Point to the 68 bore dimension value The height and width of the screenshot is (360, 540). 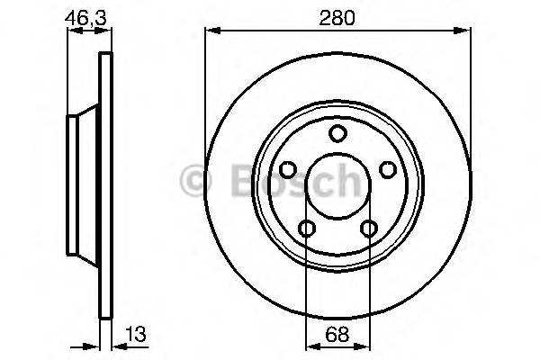click(x=337, y=334)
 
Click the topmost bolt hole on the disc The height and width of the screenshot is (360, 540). click(x=337, y=134)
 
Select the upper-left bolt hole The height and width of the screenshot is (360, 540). click(x=287, y=170)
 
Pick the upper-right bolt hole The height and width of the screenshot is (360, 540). click(x=388, y=170)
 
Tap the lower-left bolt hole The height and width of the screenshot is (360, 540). click(x=307, y=229)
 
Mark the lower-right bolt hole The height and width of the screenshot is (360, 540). click(x=368, y=229)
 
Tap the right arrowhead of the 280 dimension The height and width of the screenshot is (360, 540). click(x=464, y=31)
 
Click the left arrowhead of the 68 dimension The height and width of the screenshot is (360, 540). click(x=311, y=345)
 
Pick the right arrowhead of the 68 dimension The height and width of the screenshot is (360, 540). click(x=364, y=345)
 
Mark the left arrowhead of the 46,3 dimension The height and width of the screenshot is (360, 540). click(x=74, y=31)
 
